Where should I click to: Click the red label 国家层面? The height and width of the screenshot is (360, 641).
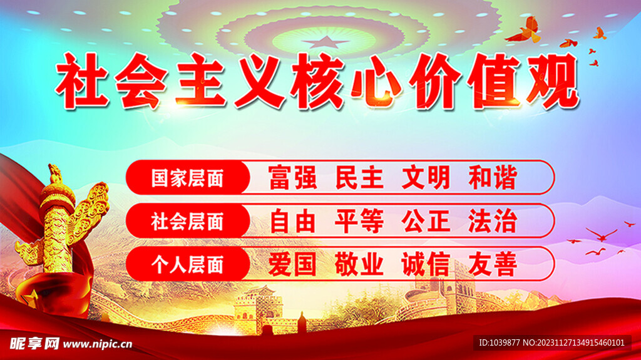click(x=188, y=178)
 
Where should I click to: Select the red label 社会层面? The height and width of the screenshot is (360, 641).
click(x=188, y=221)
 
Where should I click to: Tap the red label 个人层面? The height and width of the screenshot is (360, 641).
click(x=188, y=264)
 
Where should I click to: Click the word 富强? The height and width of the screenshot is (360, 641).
click(x=293, y=178)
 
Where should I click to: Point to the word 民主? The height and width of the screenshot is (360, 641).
click(x=359, y=178)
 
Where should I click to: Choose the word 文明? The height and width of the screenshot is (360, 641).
click(x=426, y=178)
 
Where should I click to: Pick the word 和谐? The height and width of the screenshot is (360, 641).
click(x=493, y=178)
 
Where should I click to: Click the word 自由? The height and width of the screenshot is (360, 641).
click(x=293, y=221)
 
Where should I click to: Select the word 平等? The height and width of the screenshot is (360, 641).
click(x=359, y=221)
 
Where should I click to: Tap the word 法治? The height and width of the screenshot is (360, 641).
click(x=493, y=221)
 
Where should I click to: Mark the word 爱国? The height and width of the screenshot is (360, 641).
click(x=293, y=264)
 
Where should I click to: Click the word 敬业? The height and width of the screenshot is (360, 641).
click(x=359, y=264)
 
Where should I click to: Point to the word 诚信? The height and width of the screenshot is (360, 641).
click(x=426, y=264)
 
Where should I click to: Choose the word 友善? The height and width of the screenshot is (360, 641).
click(x=493, y=264)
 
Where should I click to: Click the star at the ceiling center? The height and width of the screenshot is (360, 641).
click(x=326, y=42)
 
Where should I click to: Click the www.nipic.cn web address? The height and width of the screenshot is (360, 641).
click(x=98, y=344)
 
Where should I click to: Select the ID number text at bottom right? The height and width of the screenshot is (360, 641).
click(x=552, y=343)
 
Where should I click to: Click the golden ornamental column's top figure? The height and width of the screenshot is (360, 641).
click(x=55, y=174)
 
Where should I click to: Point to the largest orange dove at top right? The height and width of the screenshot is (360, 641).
click(x=525, y=31)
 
